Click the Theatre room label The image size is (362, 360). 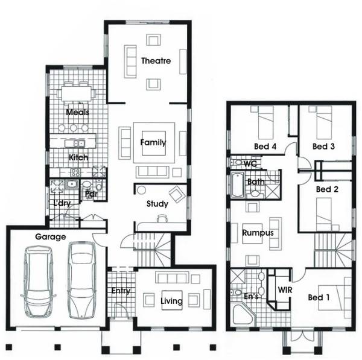[156, 61]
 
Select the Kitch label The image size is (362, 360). [78, 157]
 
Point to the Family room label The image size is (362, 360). [153, 143]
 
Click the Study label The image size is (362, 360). [157, 204]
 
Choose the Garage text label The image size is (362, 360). [50, 237]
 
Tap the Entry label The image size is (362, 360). [121, 291]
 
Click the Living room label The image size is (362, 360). [171, 301]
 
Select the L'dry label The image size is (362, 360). [63, 203]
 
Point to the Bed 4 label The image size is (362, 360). [265, 147]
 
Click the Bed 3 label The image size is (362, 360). [323, 147]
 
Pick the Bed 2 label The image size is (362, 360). [328, 189]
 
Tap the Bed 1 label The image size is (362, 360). [319, 297]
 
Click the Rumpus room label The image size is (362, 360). [258, 233]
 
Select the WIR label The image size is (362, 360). [285, 290]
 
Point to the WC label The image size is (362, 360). [251, 163]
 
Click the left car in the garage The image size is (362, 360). [37, 282]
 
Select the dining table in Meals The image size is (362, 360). [77, 94]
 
